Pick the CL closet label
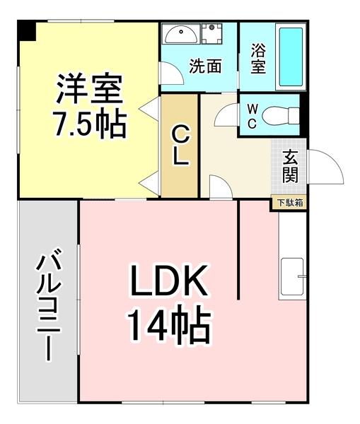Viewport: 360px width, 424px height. point(180,145)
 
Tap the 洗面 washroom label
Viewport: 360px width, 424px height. point(204,66)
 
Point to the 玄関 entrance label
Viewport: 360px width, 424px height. point(291,165)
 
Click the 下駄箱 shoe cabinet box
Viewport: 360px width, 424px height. point(289,203)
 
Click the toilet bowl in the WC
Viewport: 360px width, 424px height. point(279,116)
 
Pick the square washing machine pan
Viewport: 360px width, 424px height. point(213,34)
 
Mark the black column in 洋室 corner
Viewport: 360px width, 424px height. point(26,30)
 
